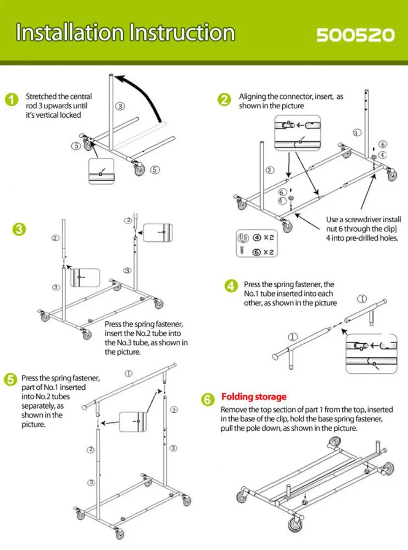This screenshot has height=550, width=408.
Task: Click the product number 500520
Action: pos(355,35)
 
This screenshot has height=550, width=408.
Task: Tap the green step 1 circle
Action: pos(12,100)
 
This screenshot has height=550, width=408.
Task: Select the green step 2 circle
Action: pos(224,99)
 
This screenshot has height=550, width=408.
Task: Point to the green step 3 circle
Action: pos(19,229)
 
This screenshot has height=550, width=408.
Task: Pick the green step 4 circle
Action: pos(231,286)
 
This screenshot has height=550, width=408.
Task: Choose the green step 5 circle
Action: pos(10,379)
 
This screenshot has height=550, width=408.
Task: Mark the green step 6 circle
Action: pos(208,399)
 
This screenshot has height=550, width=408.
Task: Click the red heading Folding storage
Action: pos(254,397)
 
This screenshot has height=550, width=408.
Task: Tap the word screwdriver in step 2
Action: pos(363,219)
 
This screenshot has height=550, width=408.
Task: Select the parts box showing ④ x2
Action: pos(257,244)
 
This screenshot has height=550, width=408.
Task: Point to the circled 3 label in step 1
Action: pos(120,106)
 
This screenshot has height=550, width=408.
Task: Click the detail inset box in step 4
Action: pos(371,353)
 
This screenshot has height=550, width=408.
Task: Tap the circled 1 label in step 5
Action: pos(129,373)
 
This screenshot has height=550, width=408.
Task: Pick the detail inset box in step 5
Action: pos(133,422)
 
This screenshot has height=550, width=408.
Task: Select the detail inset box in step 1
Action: pos(101,171)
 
